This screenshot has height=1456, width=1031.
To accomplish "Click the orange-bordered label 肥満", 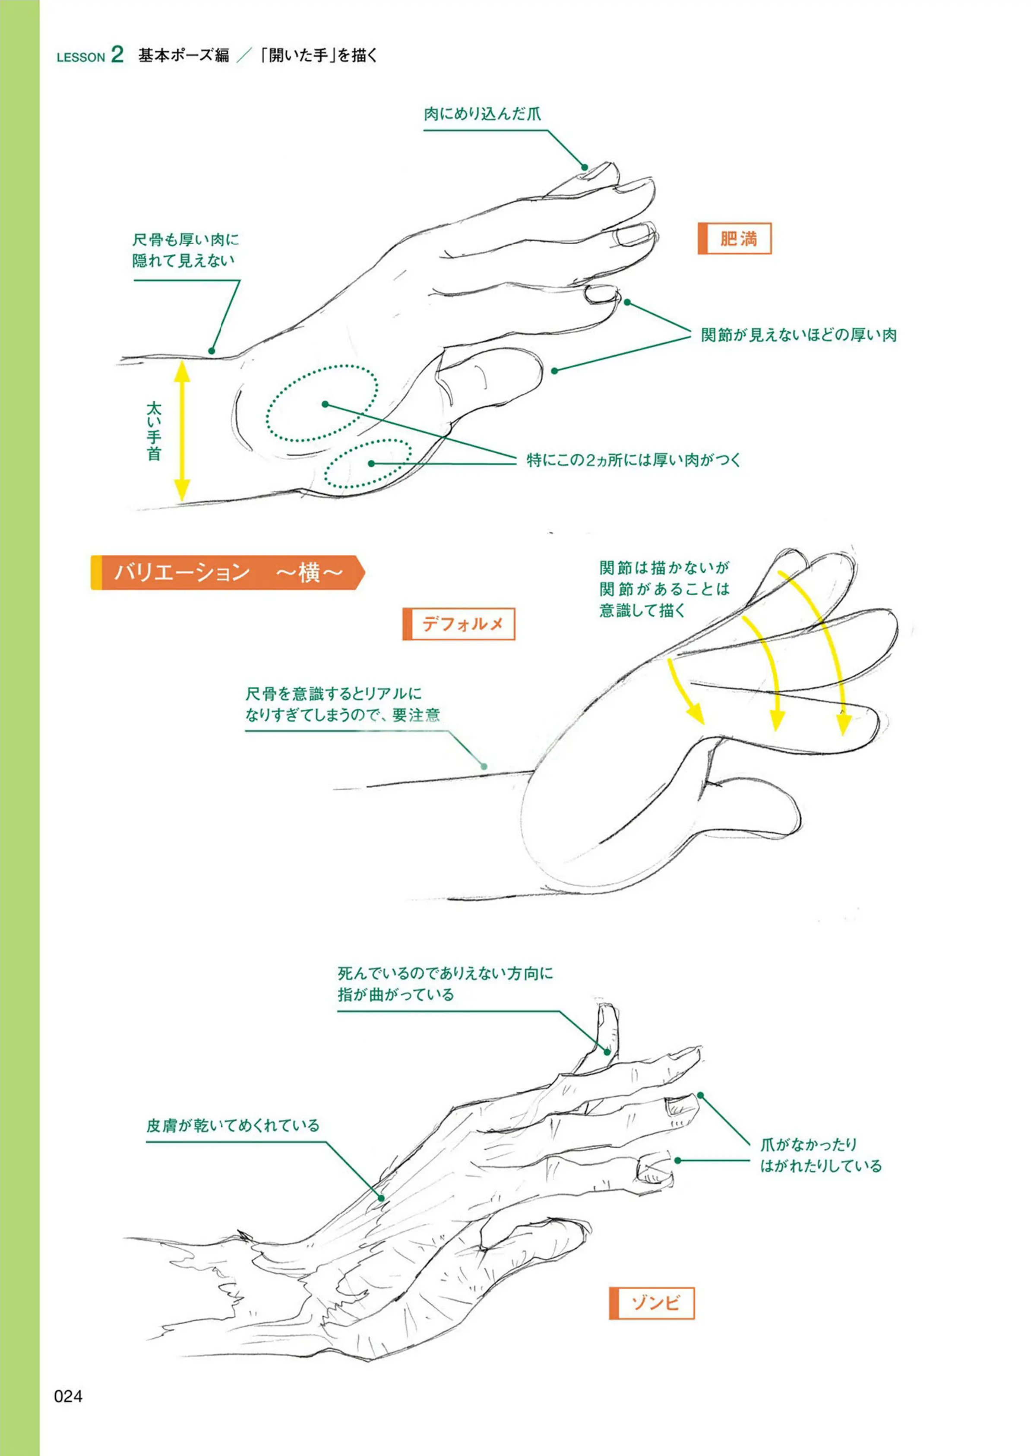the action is coord(734,239).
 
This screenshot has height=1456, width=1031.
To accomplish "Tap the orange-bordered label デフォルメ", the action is coord(459,624).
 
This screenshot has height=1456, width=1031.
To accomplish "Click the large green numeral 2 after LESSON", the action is coord(117,54).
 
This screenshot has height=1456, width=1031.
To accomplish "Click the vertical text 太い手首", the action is coord(154,430).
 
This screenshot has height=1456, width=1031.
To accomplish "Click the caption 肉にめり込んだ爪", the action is coord(483,114).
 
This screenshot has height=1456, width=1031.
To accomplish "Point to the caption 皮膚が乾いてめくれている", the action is coord(233,1125).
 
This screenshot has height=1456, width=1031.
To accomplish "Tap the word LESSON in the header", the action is coord(81,57).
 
